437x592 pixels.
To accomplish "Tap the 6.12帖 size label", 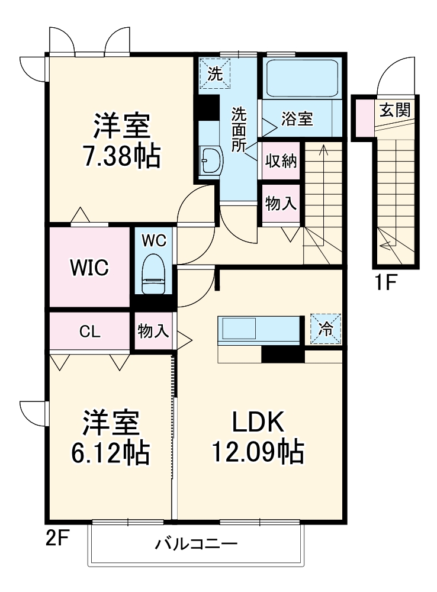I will click(113, 453).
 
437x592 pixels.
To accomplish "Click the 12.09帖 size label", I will click(258, 453).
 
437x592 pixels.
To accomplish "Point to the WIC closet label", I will click(89, 268).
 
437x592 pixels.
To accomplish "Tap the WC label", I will click(153, 240).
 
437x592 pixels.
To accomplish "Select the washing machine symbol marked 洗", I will click(215, 75).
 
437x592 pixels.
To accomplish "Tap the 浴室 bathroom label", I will click(297, 118).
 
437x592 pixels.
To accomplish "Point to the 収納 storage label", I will click(281, 161).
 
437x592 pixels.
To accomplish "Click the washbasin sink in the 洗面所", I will click(210, 159).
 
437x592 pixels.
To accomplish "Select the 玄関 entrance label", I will click(395, 110).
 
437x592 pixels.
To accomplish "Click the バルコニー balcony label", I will click(197, 543).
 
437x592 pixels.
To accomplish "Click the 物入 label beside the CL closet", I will click(153, 331).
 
